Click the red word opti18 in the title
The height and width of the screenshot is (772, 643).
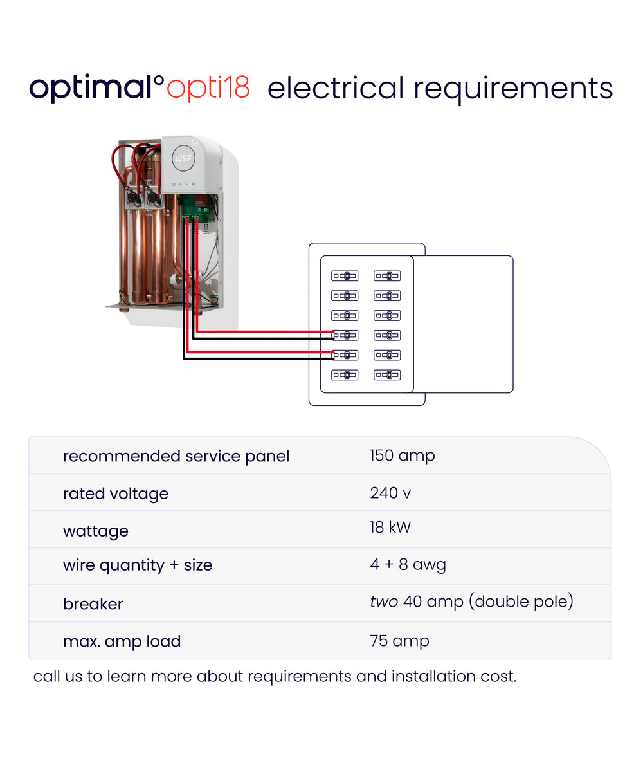[x=208, y=89]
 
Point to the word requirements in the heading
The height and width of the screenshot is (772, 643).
[x=513, y=90]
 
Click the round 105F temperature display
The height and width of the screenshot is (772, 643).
[x=183, y=158]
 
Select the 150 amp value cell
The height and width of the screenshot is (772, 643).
[x=402, y=456]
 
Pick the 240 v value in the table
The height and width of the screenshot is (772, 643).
[x=390, y=493]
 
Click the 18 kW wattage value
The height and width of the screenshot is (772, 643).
[x=390, y=528]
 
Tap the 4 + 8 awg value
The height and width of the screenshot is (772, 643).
[x=408, y=564]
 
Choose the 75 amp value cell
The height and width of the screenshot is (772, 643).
[x=399, y=641]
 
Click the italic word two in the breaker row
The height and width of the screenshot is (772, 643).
[x=384, y=602]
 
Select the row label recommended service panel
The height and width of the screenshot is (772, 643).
[x=176, y=457]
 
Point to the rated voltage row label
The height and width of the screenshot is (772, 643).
[x=116, y=494]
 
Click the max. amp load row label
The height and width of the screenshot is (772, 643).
[x=122, y=641]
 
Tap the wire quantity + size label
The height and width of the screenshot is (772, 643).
[x=138, y=565]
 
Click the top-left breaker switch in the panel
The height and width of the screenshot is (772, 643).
[x=345, y=276]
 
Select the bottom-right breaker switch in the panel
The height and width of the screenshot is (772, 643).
[x=387, y=375]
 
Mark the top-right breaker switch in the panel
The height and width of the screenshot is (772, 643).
[x=387, y=276]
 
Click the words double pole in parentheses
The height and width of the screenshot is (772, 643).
[x=521, y=602]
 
